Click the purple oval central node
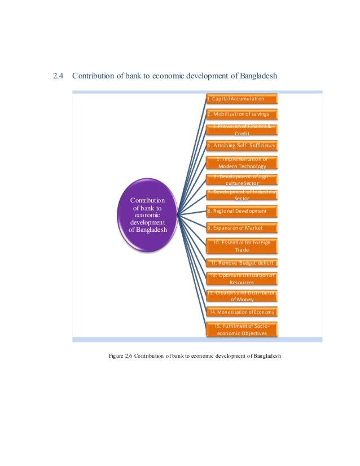[x=148, y=215]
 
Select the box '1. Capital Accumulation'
[x=242, y=99]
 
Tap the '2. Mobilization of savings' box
[x=242, y=115]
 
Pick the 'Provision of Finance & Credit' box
[x=242, y=130]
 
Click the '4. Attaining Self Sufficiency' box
[x=242, y=146]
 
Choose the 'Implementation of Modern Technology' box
[x=242, y=162]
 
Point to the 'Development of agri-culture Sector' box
[x=242, y=179]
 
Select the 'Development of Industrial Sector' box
[x=242, y=196]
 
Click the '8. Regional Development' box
[x=242, y=212]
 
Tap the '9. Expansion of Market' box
[x=242, y=228]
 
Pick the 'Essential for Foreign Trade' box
[x=242, y=245]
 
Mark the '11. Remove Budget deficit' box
[x=242, y=263]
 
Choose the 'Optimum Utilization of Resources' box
[x=242, y=278]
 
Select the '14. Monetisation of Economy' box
[x=242, y=311]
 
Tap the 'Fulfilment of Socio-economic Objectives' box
[x=242, y=329]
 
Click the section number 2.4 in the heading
[x=59, y=76]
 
